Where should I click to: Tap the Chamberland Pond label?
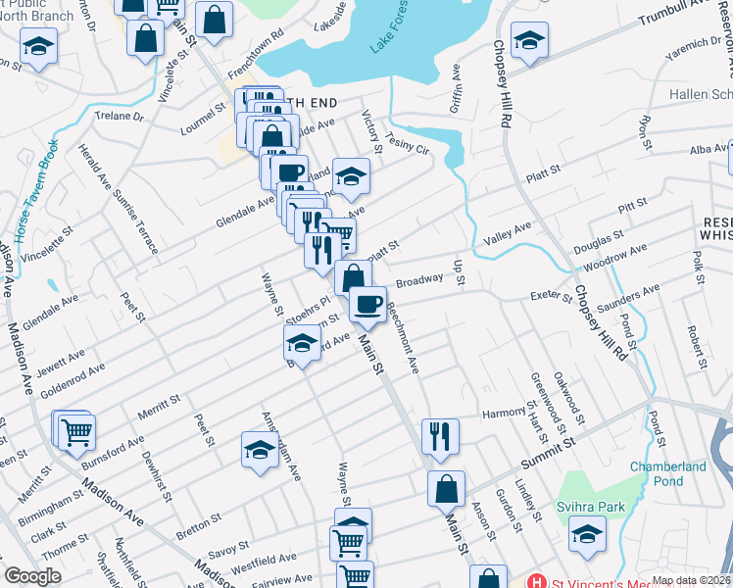tap(667, 473)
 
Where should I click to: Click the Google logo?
tap(32, 576)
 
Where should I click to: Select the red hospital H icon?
tap(534, 581)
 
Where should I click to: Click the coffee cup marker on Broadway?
tap(367, 304)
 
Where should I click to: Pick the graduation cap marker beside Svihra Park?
tap(587, 535)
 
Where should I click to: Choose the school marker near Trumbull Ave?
tap(529, 40)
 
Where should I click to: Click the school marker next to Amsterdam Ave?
tap(260, 450)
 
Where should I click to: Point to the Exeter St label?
tap(550, 297)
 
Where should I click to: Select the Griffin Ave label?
tap(456, 89)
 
